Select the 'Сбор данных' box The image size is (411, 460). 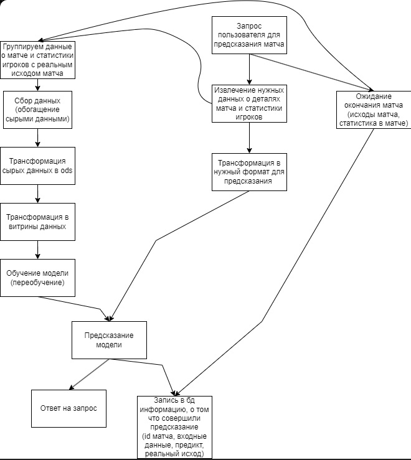click(x=38, y=109)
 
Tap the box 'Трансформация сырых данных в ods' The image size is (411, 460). click(x=38, y=166)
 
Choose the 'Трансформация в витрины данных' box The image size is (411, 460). click(x=38, y=222)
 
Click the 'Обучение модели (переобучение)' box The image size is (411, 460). click(x=38, y=278)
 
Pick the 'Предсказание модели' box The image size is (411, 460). click(x=109, y=340)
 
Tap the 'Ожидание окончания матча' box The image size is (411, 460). click(x=373, y=110)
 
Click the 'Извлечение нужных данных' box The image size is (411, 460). click(x=249, y=103)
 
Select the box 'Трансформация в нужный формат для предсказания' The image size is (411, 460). click(x=249, y=172)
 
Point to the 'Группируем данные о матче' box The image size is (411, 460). click(x=38, y=60)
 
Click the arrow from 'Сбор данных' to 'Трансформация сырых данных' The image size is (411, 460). click(x=38, y=137)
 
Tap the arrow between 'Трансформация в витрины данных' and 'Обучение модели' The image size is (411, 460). click(x=38, y=250)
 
